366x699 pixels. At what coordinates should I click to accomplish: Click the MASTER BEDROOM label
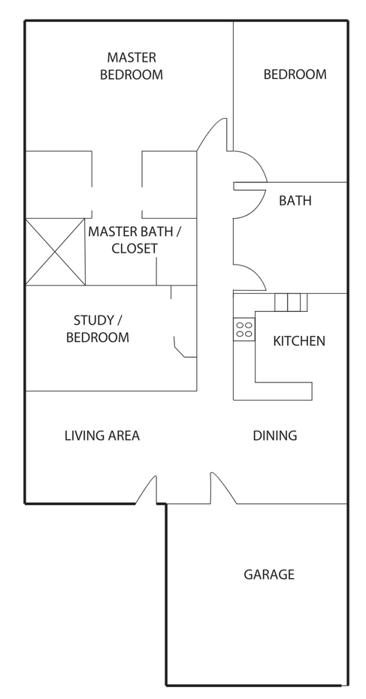132,66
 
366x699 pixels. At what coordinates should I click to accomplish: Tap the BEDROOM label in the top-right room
295,74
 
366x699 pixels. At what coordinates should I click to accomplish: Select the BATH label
295,201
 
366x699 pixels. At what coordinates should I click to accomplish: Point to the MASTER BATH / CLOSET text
135,240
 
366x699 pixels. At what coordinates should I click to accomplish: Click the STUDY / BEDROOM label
98,328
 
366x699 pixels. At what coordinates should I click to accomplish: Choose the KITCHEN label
299,341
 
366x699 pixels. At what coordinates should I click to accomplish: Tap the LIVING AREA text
102,435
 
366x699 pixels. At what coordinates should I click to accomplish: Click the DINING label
275,435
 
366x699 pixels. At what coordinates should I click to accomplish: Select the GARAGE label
269,575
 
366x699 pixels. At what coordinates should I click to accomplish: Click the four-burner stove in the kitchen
243,330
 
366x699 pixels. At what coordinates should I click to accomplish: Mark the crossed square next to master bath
56,252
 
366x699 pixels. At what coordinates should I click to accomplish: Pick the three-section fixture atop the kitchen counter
291,302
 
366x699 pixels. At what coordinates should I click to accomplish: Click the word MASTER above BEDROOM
132,58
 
